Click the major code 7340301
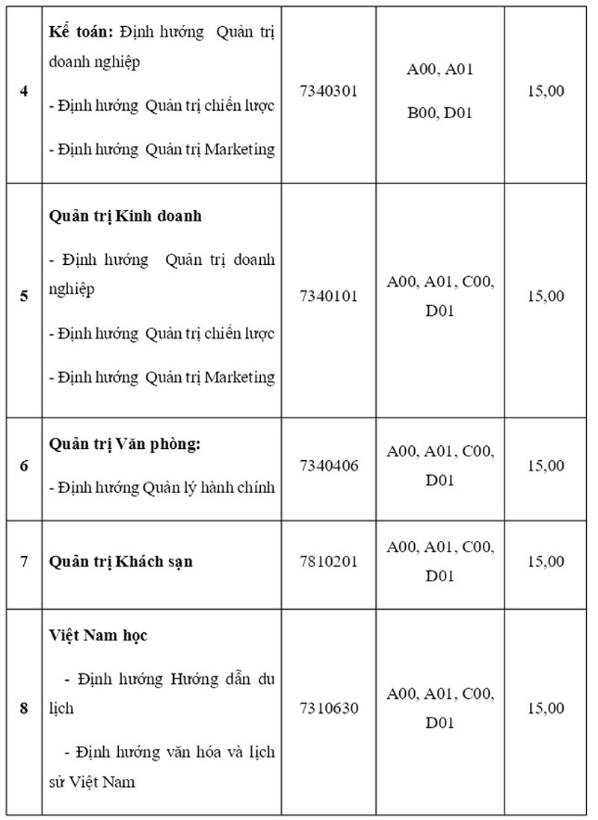click(328, 91)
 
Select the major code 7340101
click(328, 296)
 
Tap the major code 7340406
click(328, 465)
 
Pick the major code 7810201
click(328, 560)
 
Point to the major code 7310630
click(328, 708)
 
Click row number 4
click(24, 91)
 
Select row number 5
click(24, 296)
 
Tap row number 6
click(24, 465)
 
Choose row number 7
click(24, 560)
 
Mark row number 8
click(24, 708)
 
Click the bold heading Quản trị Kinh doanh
click(126, 215)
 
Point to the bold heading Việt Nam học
click(98, 635)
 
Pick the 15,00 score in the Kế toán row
click(546, 91)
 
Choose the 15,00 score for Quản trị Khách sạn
click(546, 560)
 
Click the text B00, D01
click(440, 113)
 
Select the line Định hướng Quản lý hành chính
click(162, 488)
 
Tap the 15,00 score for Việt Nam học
click(546, 708)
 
